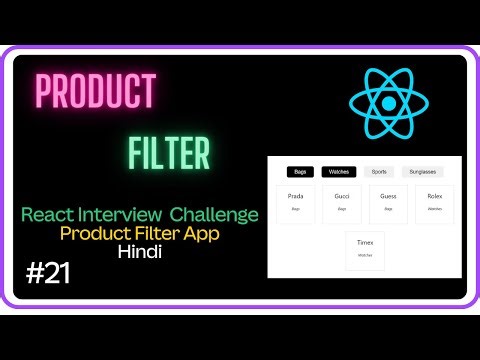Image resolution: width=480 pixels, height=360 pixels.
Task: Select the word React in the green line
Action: tap(50, 214)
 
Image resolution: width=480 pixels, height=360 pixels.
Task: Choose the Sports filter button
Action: tap(379, 172)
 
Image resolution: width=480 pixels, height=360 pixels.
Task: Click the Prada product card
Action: tap(295, 203)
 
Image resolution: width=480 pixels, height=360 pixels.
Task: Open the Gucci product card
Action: tap(342, 203)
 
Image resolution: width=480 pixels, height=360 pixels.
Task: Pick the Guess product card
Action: tap(388, 203)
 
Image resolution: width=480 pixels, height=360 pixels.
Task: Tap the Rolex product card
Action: tap(434, 203)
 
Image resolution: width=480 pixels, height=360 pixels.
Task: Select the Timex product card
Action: tap(365, 249)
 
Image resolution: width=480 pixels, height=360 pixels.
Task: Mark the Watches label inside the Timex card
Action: tap(365, 255)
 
